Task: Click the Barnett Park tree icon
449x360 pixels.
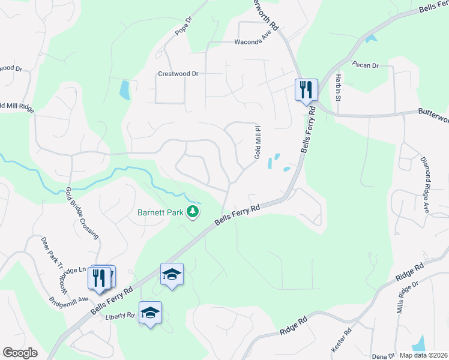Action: [193, 211]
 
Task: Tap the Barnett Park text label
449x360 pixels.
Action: [161, 212]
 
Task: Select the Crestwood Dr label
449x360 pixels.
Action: [178, 74]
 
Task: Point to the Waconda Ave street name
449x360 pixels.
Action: [253, 41]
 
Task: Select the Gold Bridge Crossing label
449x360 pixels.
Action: [82, 212]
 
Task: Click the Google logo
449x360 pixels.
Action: [20, 353]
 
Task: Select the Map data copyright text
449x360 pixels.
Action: [424, 355]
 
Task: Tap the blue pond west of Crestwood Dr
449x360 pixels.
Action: [124, 90]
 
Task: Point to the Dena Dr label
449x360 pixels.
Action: [382, 356]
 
